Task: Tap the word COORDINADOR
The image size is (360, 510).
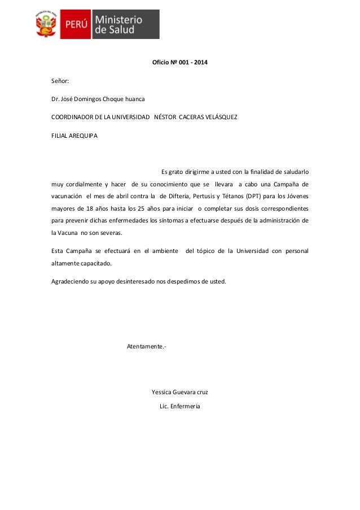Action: pos(73,117)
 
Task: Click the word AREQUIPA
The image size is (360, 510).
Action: pos(78,135)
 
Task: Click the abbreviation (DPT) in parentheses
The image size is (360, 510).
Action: pos(247,195)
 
